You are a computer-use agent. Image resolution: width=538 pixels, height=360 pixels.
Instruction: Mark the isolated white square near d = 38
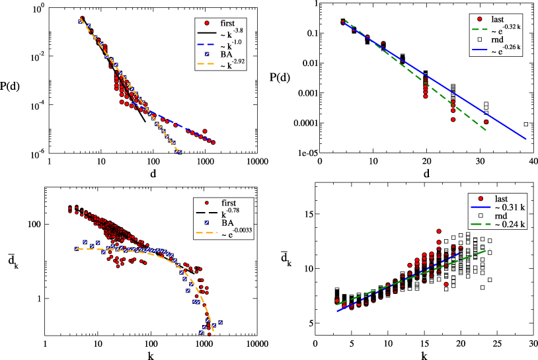pyautogui.click(x=526, y=124)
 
